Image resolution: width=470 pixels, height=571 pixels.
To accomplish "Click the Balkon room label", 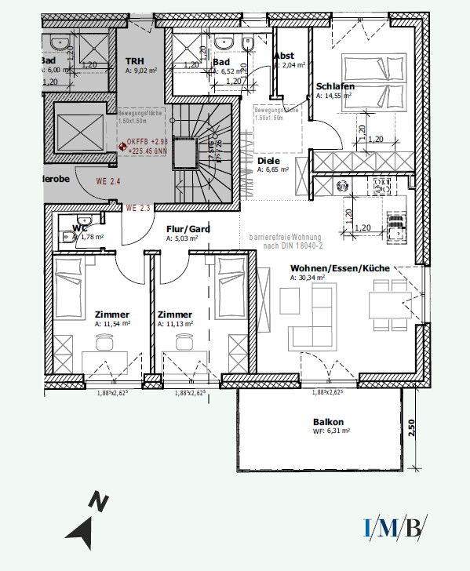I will click(x=329, y=421).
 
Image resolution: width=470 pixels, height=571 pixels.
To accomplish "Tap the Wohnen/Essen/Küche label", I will click(x=340, y=268).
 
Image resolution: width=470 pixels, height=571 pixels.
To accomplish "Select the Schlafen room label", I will click(x=336, y=86).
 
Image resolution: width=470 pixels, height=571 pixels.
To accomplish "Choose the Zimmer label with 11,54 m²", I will click(x=111, y=312).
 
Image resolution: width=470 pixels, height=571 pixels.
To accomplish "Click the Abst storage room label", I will click(x=283, y=56).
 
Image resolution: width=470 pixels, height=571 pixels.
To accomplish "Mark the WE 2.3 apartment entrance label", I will click(x=138, y=208).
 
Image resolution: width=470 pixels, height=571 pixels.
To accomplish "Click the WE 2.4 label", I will click(x=108, y=182).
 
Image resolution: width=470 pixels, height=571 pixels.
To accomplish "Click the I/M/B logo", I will click(x=395, y=527).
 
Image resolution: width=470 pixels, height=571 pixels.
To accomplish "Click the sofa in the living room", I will click(x=310, y=314).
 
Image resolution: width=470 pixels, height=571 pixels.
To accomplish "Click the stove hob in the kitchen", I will click(x=381, y=186).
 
